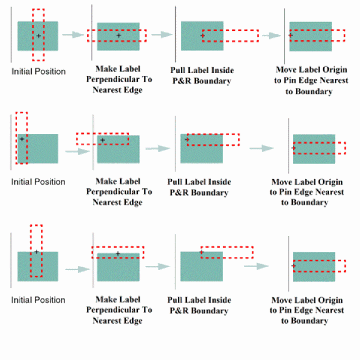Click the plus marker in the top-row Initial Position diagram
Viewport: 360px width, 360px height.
tap(38, 36)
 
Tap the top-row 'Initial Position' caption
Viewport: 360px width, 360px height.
tap(38, 72)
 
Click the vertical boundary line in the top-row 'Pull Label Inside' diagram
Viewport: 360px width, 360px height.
tap(176, 35)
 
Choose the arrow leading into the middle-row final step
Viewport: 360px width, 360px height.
tap(262, 148)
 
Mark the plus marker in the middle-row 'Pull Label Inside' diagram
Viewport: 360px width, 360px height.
tap(187, 139)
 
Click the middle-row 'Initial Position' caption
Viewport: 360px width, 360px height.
tap(38, 182)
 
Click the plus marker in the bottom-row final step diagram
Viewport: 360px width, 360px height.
tap(293, 266)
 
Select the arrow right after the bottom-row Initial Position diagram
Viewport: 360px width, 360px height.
tap(77, 270)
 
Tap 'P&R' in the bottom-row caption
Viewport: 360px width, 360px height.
tap(178, 311)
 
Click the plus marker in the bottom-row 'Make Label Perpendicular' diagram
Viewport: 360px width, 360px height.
tap(118, 253)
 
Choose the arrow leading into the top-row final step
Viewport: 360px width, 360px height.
tap(272, 35)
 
